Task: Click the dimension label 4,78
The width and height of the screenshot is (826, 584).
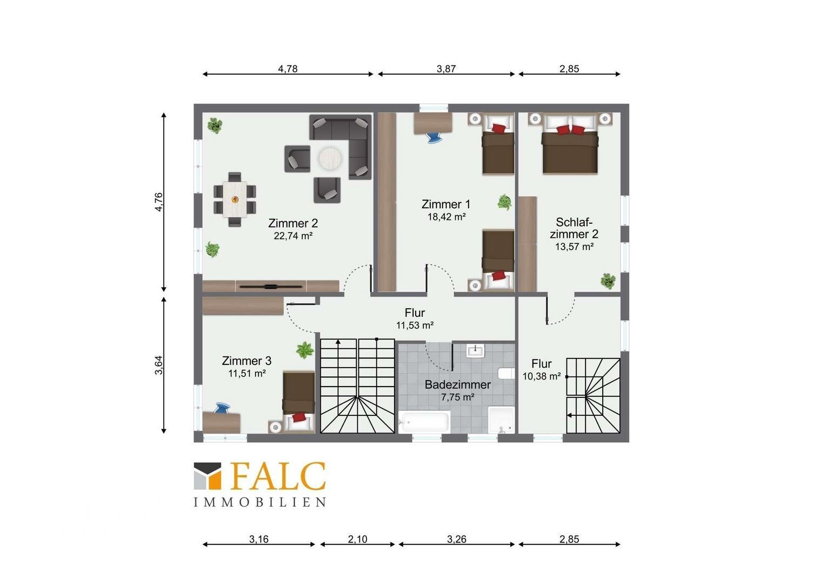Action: coord(288,69)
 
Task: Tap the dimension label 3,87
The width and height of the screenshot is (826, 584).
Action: coord(446,69)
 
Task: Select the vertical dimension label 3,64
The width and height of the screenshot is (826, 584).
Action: coord(158,365)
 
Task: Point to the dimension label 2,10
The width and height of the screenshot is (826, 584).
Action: coord(357,539)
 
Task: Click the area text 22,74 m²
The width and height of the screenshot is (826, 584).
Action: coord(293,236)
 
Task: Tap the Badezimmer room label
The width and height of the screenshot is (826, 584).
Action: coord(458,384)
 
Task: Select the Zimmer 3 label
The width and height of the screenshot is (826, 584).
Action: coord(247,361)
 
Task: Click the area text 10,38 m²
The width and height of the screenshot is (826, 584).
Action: coord(541,376)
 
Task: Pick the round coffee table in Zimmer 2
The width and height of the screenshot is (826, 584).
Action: coord(330,158)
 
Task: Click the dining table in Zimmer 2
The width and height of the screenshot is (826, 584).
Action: coord(235,199)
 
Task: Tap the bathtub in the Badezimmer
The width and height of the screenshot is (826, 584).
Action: coord(424,422)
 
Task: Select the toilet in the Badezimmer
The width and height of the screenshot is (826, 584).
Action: coord(506,373)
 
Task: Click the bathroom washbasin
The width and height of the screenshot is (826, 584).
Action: coord(476,350)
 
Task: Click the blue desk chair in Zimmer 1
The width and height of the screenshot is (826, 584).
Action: coord(434,137)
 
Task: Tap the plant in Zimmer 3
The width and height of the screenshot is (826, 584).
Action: coord(305,350)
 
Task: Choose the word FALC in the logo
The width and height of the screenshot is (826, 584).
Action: coord(278,476)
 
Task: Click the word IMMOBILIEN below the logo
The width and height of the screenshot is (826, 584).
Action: coord(260,502)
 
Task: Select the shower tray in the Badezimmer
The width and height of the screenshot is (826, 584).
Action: coord(501,420)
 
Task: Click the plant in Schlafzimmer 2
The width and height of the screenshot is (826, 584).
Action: coord(608,281)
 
